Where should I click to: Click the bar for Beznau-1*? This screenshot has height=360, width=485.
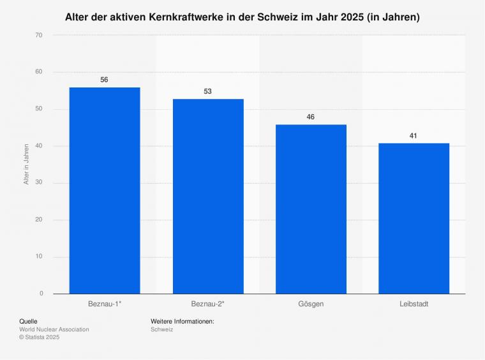point(105,190)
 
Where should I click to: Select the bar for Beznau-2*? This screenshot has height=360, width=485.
point(208,196)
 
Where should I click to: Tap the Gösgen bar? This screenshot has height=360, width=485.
point(311,209)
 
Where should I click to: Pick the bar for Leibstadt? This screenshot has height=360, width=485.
point(414,218)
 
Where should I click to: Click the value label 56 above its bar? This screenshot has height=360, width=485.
point(105,80)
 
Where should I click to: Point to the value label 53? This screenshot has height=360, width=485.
point(208,91)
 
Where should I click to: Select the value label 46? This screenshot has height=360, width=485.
point(311,117)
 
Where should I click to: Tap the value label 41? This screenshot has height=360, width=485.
point(414,135)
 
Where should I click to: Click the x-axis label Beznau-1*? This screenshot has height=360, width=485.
point(105,304)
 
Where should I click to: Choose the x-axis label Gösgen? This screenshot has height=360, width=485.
point(311,304)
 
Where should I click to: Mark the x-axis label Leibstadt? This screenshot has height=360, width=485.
point(414,304)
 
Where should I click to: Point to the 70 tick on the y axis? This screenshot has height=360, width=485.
point(39,35)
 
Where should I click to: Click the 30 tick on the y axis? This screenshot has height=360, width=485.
point(39,183)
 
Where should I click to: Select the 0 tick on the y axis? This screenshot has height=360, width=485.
point(41,294)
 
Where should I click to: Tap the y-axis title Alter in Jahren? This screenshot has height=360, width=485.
point(26,165)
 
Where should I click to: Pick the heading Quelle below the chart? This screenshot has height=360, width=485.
point(29,321)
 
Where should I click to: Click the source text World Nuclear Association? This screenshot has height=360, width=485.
point(54,329)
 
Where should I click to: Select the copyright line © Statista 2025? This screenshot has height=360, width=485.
point(39,337)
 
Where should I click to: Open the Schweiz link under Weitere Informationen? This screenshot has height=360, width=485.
point(162,329)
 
